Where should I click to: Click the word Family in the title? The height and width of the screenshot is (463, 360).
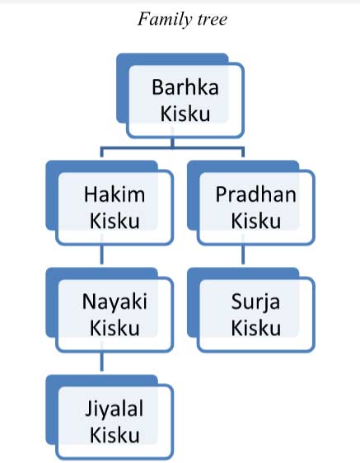tap(165, 20)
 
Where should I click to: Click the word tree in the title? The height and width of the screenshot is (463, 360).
tap(213, 20)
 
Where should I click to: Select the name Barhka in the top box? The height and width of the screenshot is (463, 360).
tap(185, 87)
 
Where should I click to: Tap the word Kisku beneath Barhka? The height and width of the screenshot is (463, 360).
tap(185, 114)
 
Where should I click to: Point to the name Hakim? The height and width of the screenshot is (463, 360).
tap(115, 194)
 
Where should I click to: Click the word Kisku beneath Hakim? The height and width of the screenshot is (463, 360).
tap(115, 221)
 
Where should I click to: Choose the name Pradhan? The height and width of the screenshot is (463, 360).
tap(255, 194)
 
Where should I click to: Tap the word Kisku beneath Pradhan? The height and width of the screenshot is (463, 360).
tap(255, 221)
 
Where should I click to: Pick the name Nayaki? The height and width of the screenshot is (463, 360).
tap(115, 302)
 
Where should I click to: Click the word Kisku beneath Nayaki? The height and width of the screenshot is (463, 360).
tap(115, 328)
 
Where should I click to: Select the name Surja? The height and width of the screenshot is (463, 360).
tap(255, 302)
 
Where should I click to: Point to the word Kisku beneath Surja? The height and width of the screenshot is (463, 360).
tap(255, 328)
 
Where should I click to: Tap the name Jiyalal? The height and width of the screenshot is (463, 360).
tap(115, 409)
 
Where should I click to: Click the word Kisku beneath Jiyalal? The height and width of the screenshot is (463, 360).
tap(115, 435)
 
